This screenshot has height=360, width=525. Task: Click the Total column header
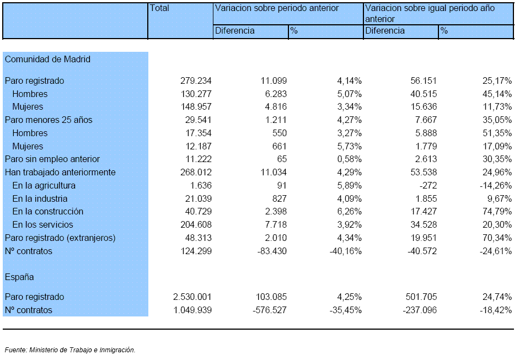tap(159, 8)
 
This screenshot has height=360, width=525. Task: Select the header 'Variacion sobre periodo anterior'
tap(277, 8)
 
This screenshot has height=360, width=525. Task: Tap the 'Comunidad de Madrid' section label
tap(47, 59)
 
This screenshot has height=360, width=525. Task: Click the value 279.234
tap(196, 80)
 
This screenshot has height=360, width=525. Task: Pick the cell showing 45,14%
tap(497, 94)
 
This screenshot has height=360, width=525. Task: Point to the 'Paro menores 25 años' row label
tap(49, 120)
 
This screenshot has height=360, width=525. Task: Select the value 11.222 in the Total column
tap(198, 159)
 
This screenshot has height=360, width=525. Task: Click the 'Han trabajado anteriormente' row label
tap(60, 173)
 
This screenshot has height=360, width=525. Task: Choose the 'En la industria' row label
tap(40, 198)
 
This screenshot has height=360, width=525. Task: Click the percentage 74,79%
tap(497, 212)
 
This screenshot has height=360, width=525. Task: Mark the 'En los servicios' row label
tap(42, 224)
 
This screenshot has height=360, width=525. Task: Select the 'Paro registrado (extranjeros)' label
tap(60, 238)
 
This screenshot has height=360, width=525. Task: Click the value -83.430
tap(272, 251)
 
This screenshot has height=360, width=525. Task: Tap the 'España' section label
tap(19, 277)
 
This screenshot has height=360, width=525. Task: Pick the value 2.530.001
tap(192, 297)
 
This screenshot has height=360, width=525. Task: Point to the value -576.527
tap(270, 310)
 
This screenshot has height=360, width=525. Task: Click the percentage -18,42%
tap(496, 310)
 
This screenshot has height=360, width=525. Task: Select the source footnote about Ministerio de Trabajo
tap(70, 350)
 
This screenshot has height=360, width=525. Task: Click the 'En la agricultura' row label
tap(44, 185)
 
